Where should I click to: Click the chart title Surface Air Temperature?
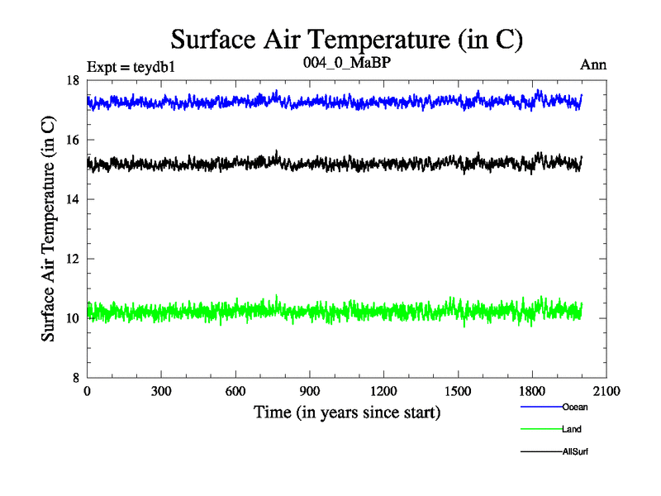tap(347, 39)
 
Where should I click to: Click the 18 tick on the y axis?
tap(73, 80)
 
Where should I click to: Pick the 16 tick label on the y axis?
tap(73, 140)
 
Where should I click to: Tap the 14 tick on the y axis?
tap(73, 199)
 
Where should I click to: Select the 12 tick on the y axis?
tap(73, 259)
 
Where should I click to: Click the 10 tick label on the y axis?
tap(73, 318)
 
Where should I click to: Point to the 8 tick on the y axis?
tap(75, 378)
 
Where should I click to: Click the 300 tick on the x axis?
tap(161, 392)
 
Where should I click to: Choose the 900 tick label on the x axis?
tap(310, 392)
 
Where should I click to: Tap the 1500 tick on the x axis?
tap(458, 392)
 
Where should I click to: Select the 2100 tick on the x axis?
tap(606, 392)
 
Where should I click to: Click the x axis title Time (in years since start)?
tap(346, 412)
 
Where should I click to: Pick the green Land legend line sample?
tap(540, 429)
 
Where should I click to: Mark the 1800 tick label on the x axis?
tap(532, 392)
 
